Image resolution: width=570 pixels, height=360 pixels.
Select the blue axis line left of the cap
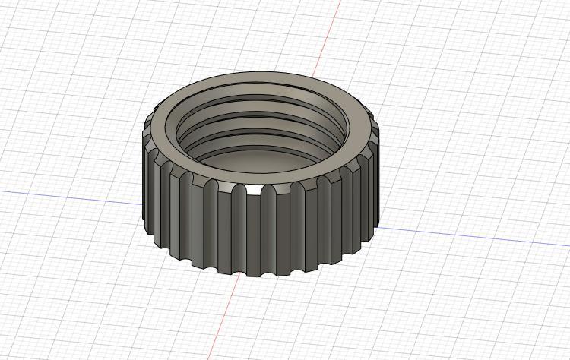click(x=68, y=196)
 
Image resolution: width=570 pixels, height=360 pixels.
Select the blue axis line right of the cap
click(x=471, y=236)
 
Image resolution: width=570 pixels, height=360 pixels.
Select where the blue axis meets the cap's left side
click(x=144, y=204)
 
